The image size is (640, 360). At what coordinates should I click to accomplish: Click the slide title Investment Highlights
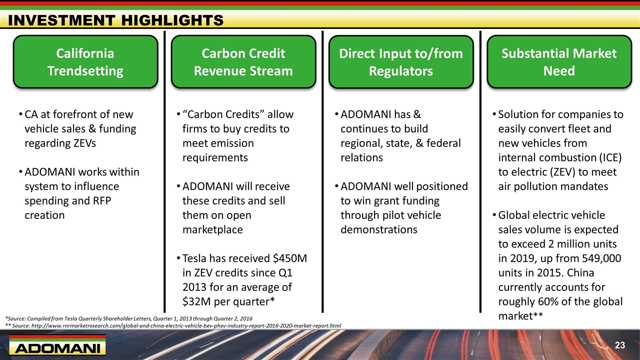point(115,20)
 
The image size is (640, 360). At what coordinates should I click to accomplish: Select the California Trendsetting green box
point(85,61)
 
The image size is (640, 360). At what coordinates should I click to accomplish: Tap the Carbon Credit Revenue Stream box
point(243,61)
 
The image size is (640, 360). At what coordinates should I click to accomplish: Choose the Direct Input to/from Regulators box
point(401,61)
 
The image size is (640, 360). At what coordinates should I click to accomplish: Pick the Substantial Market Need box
point(559,61)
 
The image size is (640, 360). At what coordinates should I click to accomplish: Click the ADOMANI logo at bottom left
point(57,345)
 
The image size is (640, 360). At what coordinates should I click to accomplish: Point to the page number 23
point(619,345)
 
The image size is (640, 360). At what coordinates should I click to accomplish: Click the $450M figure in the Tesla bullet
point(289,258)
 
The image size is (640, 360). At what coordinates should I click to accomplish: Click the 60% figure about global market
point(549,301)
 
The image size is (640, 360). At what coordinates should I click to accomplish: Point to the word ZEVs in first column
point(84,143)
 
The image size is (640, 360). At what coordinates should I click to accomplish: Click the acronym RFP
point(101,200)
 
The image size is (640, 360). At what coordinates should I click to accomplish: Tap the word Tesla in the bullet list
point(194,258)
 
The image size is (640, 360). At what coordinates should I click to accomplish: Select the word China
point(580,272)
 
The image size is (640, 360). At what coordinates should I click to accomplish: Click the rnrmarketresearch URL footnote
point(173,325)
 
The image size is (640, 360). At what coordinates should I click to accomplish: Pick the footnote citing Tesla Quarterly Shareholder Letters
point(129,318)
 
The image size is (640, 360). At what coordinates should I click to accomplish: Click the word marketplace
point(212,229)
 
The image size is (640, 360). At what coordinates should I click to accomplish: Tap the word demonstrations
point(379,229)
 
